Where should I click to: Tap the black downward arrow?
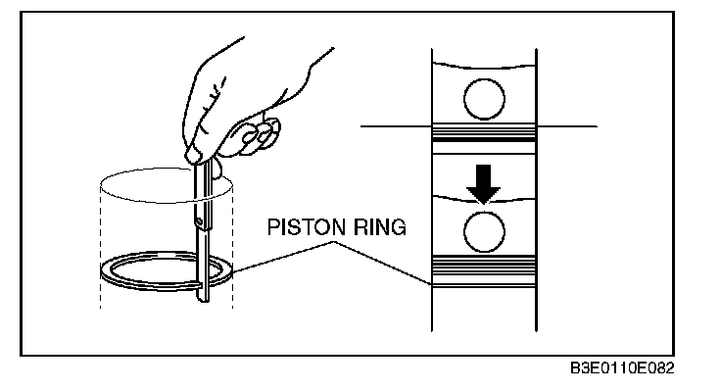(x=483, y=183)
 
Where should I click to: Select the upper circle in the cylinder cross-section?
(x=484, y=99)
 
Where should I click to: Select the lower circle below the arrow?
(x=484, y=232)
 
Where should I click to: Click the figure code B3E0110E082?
(x=622, y=368)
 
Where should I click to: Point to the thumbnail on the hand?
(x=194, y=155)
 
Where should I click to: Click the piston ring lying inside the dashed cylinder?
(x=166, y=286)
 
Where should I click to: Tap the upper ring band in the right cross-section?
(x=484, y=132)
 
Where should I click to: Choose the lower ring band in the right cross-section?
(x=484, y=271)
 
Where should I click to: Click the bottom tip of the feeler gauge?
(x=203, y=301)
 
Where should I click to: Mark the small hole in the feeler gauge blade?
(x=200, y=221)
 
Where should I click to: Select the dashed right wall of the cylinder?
(x=232, y=246)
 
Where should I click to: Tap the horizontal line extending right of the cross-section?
(x=567, y=126)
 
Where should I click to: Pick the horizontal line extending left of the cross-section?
(x=396, y=126)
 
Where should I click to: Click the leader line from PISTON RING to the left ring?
(x=282, y=257)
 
